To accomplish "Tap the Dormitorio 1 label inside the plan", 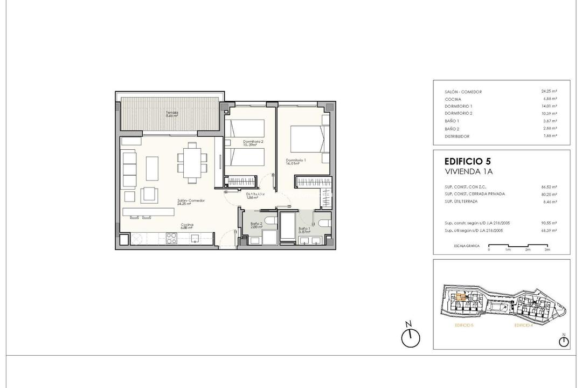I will click(296, 161).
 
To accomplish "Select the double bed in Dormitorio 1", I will click(307, 141).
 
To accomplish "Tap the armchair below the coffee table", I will click(149, 193).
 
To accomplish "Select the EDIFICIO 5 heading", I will click(467, 161).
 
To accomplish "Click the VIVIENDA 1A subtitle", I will click(469, 171).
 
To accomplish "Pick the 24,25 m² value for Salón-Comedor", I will click(549, 92).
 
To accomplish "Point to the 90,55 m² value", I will click(549, 223).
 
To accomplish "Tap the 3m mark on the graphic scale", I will click(547, 250).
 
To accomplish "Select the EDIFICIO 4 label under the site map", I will click(523, 325).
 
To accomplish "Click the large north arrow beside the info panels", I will click(410, 336).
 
